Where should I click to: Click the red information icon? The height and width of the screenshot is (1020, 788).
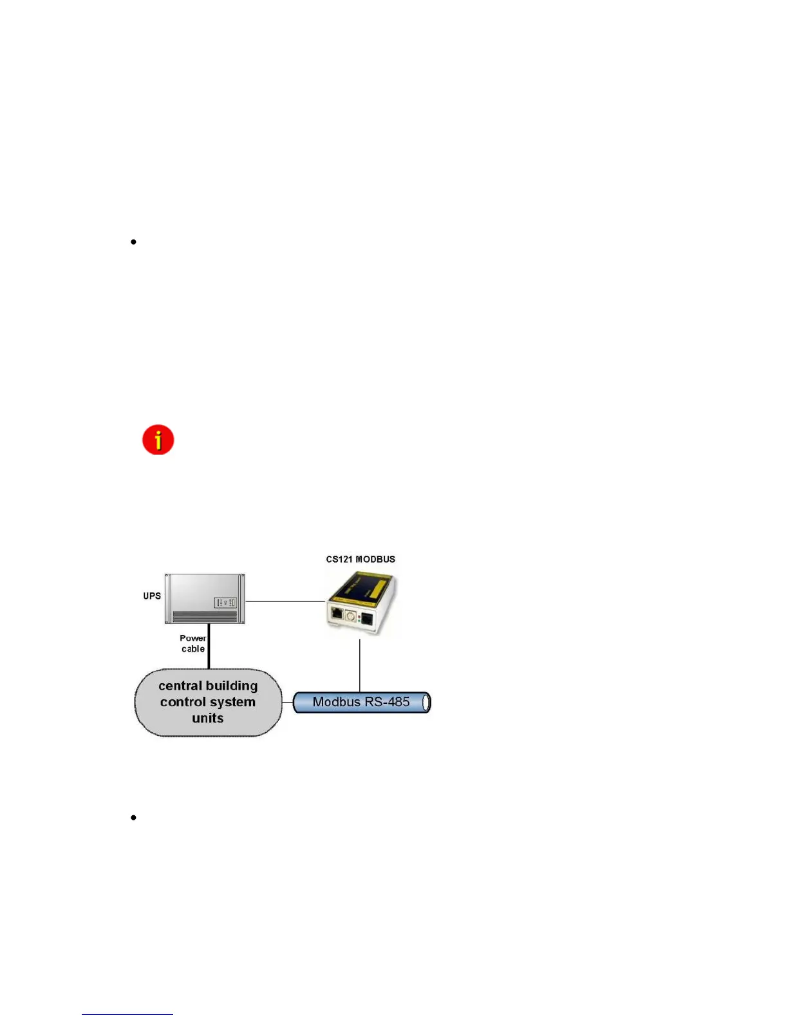(158, 440)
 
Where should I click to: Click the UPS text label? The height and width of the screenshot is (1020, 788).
(152, 596)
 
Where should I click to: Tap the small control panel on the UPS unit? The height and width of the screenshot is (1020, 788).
(225, 603)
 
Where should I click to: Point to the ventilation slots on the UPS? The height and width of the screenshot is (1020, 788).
(205, 616)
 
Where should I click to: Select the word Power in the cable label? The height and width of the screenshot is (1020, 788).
(192, 638)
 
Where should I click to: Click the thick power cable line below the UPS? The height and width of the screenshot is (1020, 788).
(209, 647)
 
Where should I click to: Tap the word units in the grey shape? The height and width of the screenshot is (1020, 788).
(207, 718)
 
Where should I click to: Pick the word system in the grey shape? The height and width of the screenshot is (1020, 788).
(230, 702)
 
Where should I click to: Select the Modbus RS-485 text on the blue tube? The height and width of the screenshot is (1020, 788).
(361, 702)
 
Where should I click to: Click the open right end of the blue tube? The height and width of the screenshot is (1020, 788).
(426, 703)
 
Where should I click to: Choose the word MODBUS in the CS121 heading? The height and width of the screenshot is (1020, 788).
(375, 559)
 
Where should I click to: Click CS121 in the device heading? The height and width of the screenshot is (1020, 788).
(339, 559)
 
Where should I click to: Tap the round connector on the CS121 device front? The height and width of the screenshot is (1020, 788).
(351, 616)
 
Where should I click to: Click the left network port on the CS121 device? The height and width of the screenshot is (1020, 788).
(337, 612)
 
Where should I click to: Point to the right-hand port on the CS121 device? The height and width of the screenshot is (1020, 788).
(366, 619)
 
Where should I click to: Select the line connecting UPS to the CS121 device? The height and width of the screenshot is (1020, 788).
(285, 601)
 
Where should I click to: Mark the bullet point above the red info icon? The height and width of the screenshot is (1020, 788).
(133, 242)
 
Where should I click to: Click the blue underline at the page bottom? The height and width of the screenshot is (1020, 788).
(127, 1015)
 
